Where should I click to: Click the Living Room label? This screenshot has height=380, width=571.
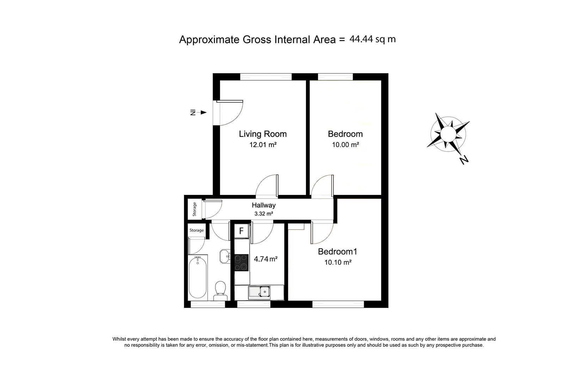tap(263, 134)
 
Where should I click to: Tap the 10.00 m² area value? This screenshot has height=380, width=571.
tap(345, 145)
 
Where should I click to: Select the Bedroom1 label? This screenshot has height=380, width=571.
tap(338, 252)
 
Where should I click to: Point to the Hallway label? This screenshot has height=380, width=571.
tap(264, 205)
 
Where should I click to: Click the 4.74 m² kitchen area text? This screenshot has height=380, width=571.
tap(266, 259)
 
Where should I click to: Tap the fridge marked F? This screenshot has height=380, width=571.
tap(241, 231)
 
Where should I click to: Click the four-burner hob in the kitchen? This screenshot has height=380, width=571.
tap(241, 263)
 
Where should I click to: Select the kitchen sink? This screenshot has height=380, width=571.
tap(259, 292)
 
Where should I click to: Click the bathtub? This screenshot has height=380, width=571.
tap(198, 278)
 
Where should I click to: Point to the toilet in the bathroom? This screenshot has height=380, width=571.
tap(220, 291)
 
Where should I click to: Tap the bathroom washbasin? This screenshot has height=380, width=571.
tap(225, 256)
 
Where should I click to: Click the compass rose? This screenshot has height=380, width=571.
tap(448, 134)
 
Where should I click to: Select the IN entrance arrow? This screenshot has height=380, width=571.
tap(198, 113)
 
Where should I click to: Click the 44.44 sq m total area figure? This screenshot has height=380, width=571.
tap(373, 39)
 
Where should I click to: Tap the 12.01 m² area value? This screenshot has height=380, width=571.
tap(263, 145)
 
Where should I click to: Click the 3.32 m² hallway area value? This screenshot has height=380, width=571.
tap(264, 214)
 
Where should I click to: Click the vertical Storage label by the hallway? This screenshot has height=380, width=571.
tap(195, 209)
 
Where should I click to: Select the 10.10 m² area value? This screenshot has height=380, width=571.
tap(338, 262)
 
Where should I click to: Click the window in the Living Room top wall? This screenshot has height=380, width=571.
tap(266, 77)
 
